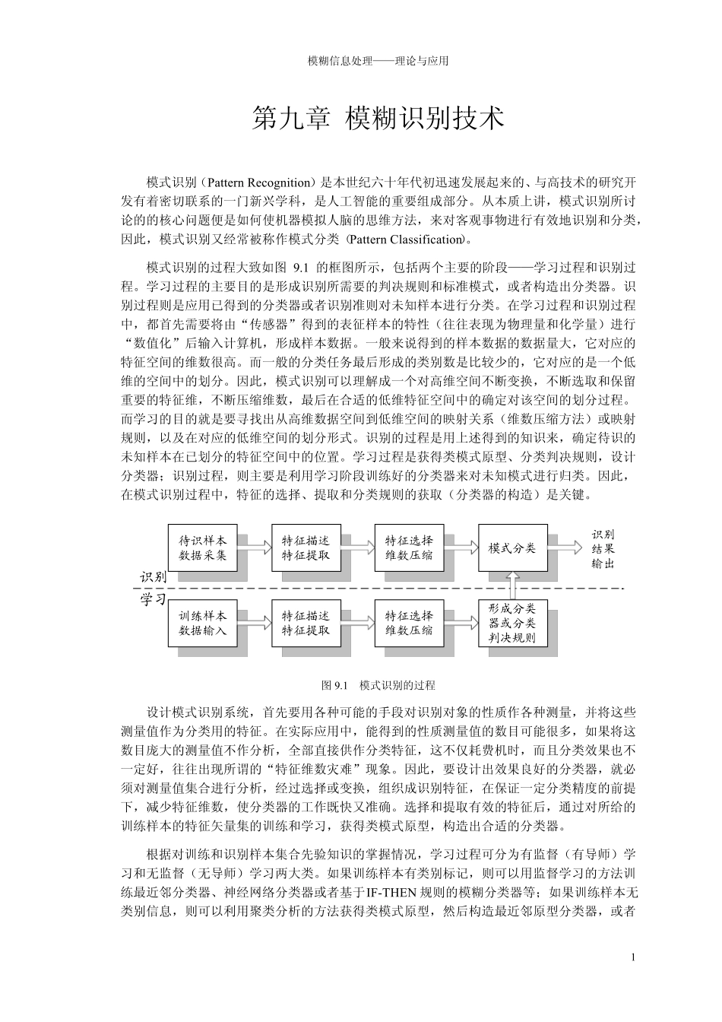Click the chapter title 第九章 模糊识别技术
378,119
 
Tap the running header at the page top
378,61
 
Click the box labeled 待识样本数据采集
202,547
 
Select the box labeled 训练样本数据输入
202,622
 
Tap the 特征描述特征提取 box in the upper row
306,547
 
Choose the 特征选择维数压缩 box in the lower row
409,622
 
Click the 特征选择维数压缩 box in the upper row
409,547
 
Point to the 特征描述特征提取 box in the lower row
306,622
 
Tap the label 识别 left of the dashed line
153,577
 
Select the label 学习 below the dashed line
153,599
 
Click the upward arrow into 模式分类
513,585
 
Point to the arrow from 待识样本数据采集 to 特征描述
254,545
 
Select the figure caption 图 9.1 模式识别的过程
378,685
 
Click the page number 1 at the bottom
633,957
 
